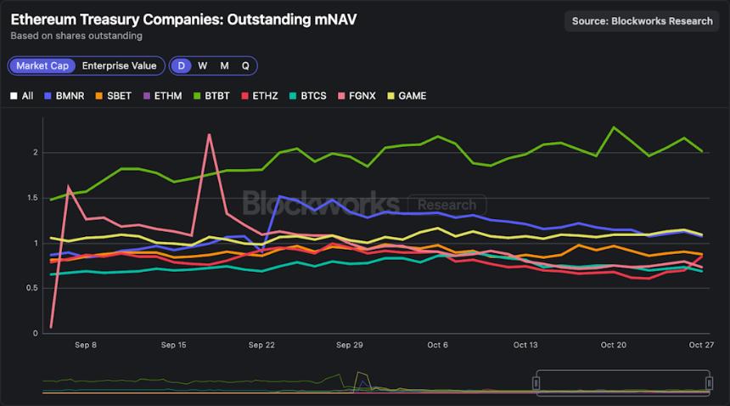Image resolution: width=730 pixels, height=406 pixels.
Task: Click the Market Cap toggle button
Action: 42,65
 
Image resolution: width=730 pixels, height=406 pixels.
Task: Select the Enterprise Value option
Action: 119,65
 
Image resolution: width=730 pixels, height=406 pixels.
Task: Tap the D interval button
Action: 181,65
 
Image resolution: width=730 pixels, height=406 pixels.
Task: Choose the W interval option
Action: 202,65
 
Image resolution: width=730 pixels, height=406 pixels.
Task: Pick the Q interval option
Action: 245,65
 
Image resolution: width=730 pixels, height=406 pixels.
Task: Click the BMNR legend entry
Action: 65,96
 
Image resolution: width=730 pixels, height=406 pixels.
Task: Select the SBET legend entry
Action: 113,96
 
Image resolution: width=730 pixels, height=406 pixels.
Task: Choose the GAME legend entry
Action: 407,96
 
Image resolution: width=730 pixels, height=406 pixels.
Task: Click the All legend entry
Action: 22,96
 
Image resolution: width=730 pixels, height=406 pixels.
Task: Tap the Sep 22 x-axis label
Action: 261,346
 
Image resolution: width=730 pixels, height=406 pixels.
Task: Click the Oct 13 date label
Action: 525,346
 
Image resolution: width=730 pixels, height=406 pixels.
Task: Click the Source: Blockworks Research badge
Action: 642,21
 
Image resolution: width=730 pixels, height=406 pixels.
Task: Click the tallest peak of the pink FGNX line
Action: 209,134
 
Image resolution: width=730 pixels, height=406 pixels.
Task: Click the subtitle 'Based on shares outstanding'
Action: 76,36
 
